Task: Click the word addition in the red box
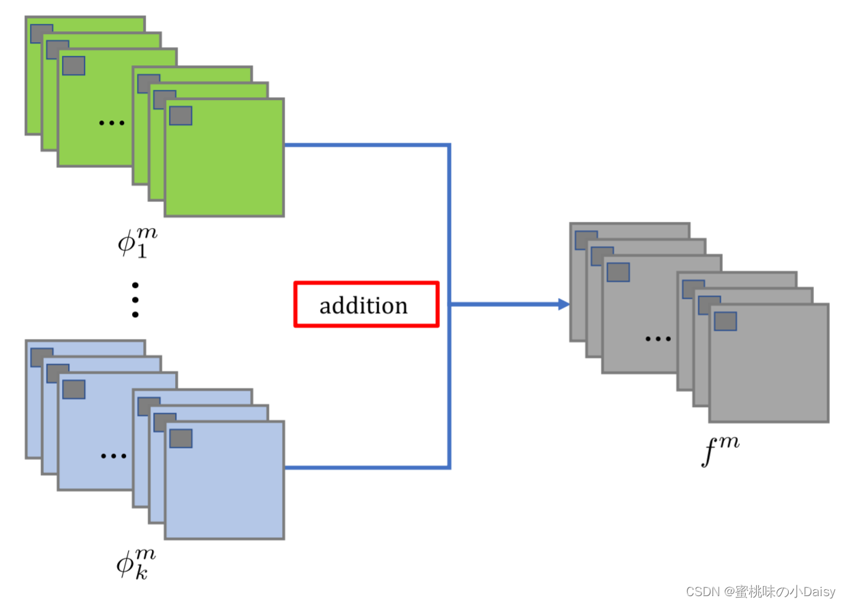[364, 306]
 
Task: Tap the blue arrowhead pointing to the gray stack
[563, 304]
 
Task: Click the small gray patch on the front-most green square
[181, 116]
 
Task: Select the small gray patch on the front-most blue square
[181, 438]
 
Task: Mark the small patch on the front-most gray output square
[725, 321]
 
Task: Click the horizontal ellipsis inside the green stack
[111, 123]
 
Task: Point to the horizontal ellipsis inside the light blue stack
[113, 455]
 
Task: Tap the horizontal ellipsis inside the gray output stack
[657, 338]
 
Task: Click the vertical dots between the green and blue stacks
[135, 299]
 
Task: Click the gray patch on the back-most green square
[41, 33]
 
